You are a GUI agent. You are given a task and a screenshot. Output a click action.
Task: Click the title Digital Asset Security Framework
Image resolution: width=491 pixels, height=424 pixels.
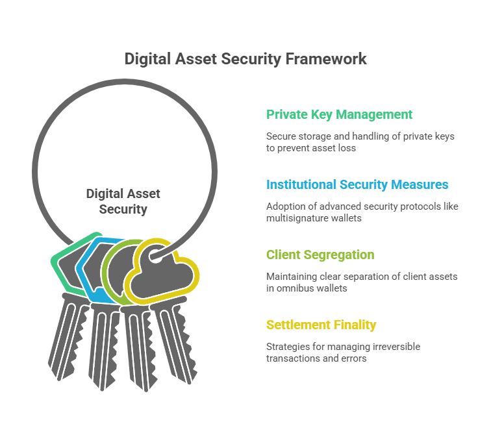click(245, 59)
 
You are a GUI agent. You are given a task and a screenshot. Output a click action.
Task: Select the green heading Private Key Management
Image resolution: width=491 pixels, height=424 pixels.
click(339, 115)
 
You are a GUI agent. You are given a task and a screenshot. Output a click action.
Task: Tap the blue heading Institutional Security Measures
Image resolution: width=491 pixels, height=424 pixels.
click(357, 185)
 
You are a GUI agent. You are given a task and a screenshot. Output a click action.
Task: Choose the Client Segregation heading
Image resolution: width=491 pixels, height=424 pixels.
click(320, 255)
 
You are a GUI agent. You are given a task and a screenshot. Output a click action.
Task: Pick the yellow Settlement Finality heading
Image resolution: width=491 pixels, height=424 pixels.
click(321, 325)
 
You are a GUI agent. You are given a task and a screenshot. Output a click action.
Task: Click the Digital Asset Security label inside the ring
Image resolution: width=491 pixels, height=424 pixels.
click(123, 201)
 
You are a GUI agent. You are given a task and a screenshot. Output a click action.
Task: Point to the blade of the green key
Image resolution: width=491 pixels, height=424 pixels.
click(68, 337)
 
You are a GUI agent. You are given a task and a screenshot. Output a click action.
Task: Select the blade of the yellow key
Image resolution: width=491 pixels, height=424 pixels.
click(174, 340)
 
